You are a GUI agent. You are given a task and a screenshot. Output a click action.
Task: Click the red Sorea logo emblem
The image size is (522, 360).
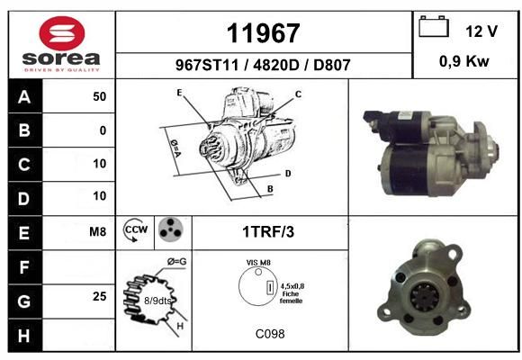62,33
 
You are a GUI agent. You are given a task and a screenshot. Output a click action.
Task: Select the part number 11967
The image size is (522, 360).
263,33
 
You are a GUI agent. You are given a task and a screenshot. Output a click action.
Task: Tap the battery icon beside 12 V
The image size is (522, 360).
434,26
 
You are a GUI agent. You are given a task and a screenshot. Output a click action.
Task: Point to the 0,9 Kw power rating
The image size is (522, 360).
464,61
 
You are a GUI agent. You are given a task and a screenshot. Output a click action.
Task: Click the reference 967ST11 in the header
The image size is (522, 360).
207,65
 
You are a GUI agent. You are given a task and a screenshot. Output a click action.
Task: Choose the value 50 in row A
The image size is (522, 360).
100,96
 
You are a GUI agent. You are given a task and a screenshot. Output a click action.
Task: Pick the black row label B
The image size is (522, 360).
25,130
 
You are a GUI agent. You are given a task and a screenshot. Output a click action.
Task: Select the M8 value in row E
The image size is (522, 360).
97,231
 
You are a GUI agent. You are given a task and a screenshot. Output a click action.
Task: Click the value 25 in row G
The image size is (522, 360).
100,296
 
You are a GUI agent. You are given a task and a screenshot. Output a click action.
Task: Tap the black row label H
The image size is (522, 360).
25,336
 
